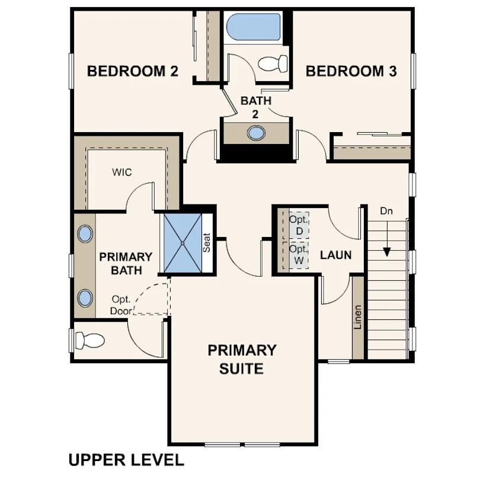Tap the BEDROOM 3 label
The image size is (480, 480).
coord(351,72)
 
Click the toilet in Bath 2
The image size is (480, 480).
coord(274,63)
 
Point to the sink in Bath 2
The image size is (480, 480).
coord(256,133)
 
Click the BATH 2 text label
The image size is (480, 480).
coord(256,107)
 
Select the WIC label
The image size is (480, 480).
coord(122,172)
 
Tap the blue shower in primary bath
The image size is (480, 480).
coord(183,243)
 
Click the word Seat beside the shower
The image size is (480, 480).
coord(207,242)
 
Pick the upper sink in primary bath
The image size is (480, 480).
coord(85,233)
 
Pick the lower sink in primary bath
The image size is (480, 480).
coord(85,297)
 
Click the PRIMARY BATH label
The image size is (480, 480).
coord(126,264)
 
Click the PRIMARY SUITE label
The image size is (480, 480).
coord(242,359)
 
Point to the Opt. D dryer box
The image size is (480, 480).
coord(296,224)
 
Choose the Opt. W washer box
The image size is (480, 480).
coord(296,255)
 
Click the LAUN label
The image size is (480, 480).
coord(336,255)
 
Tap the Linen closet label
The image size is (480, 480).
coord(357,317)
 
